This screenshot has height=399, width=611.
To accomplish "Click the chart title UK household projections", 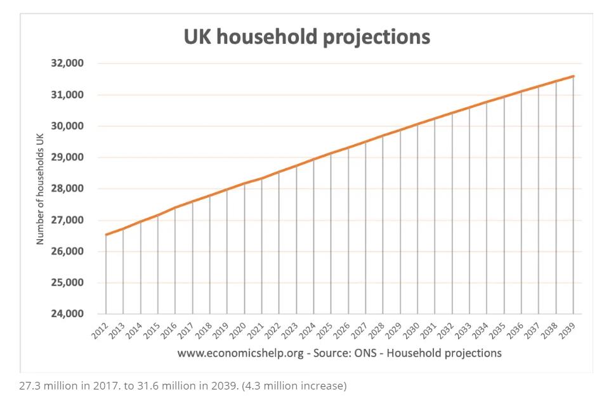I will [x=306, y=36].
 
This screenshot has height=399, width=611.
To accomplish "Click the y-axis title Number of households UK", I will [x=40, y=188].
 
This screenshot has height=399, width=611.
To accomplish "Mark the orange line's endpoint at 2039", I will [x=574, y=76].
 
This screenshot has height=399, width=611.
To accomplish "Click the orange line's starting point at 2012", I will [x=106, y=235].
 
